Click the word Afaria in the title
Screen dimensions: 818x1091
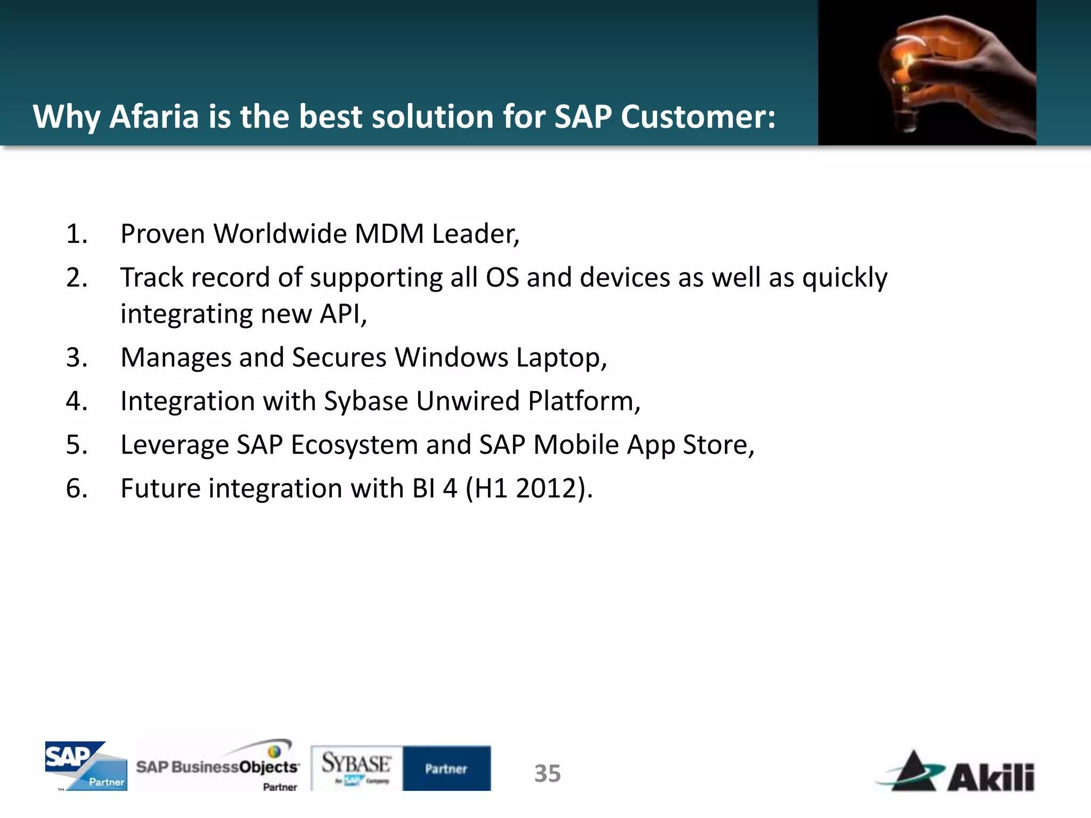(x=154, y=117)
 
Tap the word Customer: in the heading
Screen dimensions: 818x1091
(x=698, y=117)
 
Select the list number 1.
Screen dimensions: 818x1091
(x=76, y=234)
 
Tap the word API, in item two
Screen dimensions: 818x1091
(x=343, y=314)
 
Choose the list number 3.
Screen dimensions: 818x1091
(x=76, y=357)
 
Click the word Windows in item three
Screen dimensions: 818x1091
(x=451, y=357)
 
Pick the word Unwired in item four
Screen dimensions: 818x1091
(x=467, y=401)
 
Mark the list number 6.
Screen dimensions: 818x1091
(x=76, y=488)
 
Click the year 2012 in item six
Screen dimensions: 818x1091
(x=546, y=488)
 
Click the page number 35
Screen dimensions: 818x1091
(x=547, y=773)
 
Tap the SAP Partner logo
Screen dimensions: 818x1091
(x=86, y=766)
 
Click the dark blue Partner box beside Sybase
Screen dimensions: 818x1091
(x=446, y=768)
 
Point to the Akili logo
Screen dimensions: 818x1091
(x=956, y=772)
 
